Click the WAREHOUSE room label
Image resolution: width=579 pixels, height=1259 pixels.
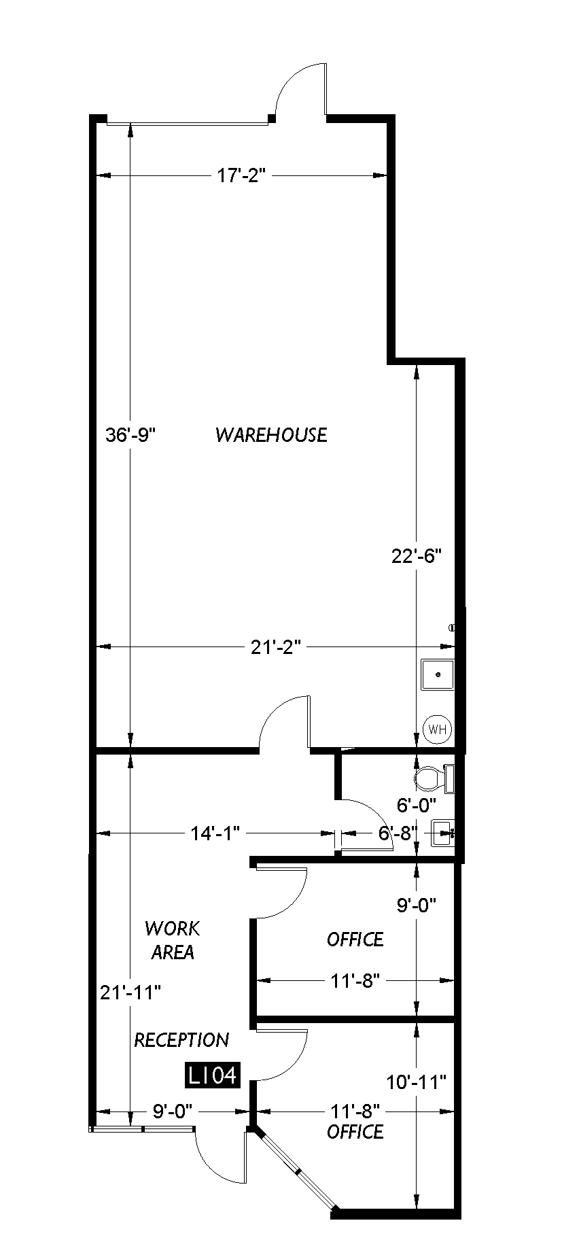(271, 434)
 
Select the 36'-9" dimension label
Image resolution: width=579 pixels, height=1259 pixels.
(131, 434)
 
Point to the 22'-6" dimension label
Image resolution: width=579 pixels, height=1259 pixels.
(417, 556)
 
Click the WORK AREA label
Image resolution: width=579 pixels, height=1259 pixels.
(173, 940)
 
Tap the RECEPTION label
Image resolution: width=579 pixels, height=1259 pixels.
(181, 1040)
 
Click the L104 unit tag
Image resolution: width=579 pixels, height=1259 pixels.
(213, 1075)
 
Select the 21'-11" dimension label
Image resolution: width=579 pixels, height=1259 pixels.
(130, 993)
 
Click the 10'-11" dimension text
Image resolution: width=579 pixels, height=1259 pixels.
(416, 1081)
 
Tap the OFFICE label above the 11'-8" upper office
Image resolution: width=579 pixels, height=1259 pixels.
(355, 939)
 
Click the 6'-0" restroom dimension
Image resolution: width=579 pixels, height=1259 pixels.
(416, 806)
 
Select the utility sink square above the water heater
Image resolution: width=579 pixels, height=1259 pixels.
(438, 674)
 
